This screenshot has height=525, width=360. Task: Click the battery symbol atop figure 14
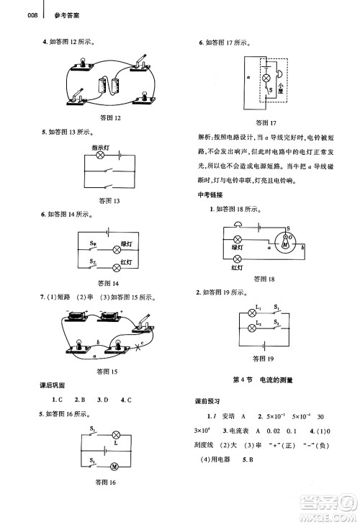click(x=107, y=232)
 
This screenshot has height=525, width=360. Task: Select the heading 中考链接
click(x=210, y=196)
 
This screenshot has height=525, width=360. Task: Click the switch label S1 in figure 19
click(x=276, y=308)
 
